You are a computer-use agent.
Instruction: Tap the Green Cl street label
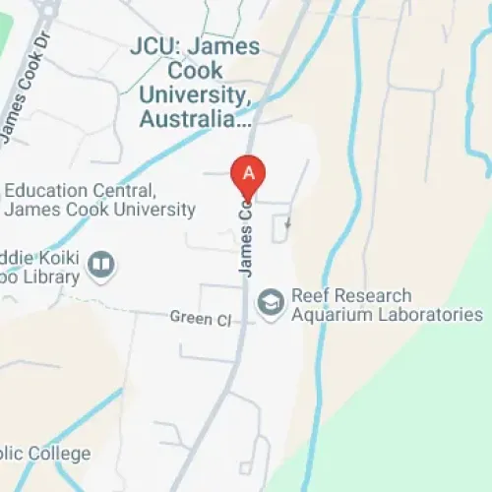click(200, 319)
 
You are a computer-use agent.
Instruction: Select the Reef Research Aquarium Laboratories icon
click(269, 304)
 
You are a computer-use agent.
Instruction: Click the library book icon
click(100, 265)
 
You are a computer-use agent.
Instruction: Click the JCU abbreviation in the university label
click(153, 45)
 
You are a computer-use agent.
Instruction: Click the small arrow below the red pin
click(286, 226)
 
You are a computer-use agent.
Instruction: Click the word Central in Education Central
click(121, 191)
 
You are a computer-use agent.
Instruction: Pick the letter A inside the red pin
click(249, 171)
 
